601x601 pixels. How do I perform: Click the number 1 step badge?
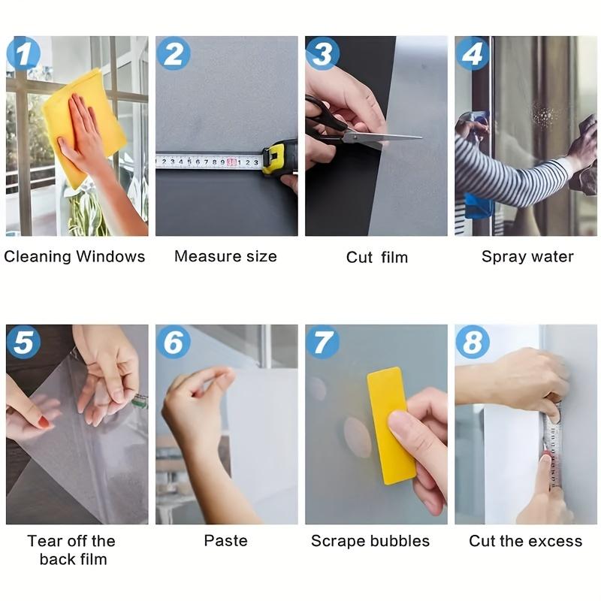pyautogui.click(x=23, y=54)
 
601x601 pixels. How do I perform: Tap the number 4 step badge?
pyautogui.click(x=472, y=54)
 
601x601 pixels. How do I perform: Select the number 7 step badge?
pyautogui.click(x=322, y=343)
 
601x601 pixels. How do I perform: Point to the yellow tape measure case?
pyautogui.click(x=275, y=158)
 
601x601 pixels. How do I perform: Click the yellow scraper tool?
pyautogui.click(x=391, y=424)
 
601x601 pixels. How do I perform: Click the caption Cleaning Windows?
pyautogui.click(x=74, y=256)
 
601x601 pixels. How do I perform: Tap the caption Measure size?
pyautogui.click(x=225, y=256)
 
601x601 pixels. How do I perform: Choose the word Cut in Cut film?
pyautogui.click(x=359, y=258)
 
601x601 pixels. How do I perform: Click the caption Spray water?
pyautogui.click(x=527, y=257)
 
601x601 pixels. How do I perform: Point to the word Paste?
pyautogui.click(x=225, y=540)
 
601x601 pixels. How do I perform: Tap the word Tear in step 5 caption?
pyautogui.click(x=44, y=541)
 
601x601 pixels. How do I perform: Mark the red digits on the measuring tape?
pyautogui.click(x=232, y=162)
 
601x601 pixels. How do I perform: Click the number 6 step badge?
pyautogui.click(x=173, y=343)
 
